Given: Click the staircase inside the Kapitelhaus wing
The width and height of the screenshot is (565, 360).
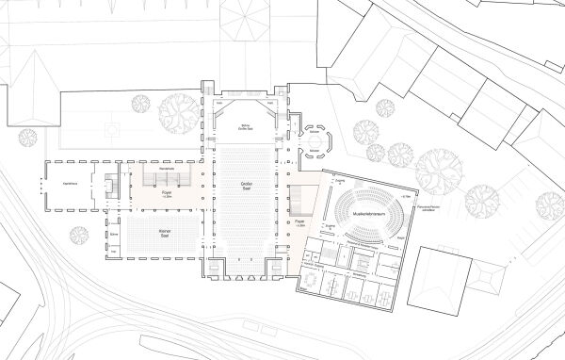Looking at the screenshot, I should point(110,184).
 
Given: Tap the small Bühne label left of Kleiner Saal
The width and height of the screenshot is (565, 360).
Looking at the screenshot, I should point(113,233).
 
